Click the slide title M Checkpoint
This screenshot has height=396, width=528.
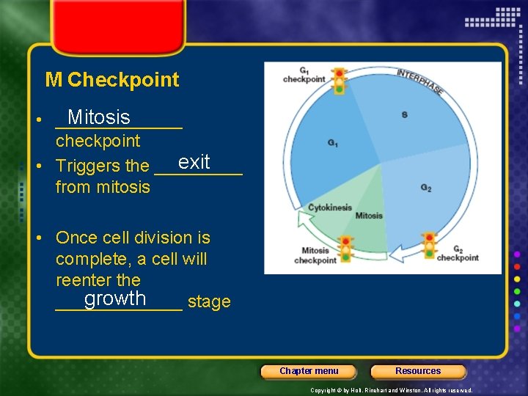[x=111, y=79]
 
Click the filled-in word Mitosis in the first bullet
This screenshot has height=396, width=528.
[x=98, y=117]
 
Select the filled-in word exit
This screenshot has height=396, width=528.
[x=194, y=162]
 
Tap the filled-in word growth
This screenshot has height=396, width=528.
[x=115, y=298]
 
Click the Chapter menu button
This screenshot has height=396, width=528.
[x=309, y=371]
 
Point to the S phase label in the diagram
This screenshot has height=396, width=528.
[x=404, y=114]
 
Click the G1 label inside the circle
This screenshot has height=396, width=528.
[x=333, y=143]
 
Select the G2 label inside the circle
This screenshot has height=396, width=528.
[x=425, y=187]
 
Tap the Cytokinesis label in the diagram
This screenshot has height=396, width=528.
[x=330, y=208]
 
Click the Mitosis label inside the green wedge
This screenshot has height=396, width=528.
[x=368, y=216]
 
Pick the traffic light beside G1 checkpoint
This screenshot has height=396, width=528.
[x=339, y=81]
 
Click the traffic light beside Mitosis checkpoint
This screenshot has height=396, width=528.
[x=346, y=249]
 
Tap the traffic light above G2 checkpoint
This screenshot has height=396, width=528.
[x=429, y=246]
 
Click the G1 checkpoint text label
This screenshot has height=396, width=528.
[x=304, y=76]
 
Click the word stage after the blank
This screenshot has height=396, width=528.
[x=209, y=302]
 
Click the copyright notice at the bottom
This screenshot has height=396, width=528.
[x=392, y=391]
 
